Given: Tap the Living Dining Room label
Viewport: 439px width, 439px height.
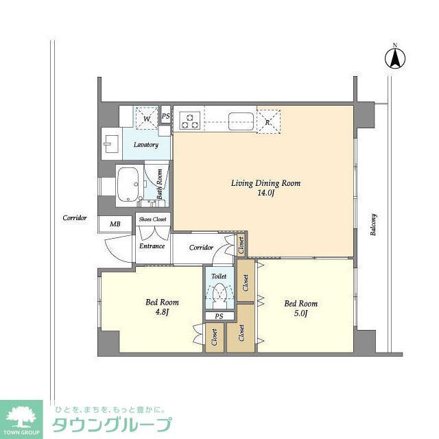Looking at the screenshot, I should [265, 183].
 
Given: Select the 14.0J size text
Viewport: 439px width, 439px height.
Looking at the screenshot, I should [265, 194].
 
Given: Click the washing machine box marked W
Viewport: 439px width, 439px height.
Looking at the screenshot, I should [145, 117].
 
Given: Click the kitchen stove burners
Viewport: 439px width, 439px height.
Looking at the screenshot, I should [190, 120].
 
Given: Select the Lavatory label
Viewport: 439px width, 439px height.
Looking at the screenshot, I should [146, 145].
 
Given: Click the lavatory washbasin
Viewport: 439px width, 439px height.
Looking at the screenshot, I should [110, 143].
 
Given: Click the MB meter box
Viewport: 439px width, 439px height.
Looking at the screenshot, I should [110, 224].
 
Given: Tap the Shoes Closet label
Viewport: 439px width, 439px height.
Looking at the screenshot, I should [154, 219].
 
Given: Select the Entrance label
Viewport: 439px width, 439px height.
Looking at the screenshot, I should [152, 246].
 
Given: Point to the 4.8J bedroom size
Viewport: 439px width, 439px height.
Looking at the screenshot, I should [162, 313].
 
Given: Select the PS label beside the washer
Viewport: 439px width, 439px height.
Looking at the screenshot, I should [165, 117].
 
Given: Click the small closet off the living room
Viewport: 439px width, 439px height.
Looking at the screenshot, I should [241, 244].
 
